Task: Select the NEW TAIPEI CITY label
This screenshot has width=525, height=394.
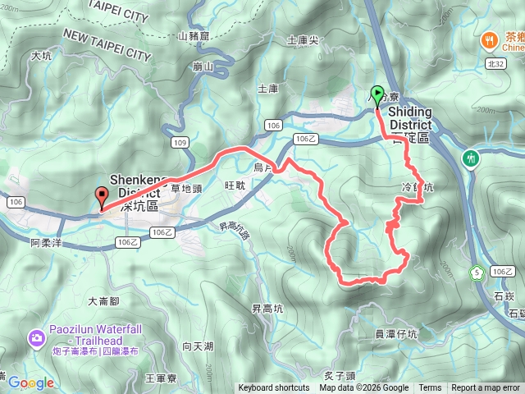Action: (107, 44)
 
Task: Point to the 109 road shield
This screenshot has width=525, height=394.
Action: (181, 143)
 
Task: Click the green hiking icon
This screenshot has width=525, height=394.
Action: (472, 158)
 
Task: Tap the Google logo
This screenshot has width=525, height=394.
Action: (31, 383)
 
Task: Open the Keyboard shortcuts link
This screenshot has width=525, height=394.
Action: (274, 388)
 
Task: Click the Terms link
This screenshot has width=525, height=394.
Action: (430, 388)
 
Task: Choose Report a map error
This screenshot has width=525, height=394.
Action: (486, 388)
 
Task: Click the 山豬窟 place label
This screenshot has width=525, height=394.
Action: (194, 35)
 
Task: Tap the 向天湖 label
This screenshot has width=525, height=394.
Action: (198, 346)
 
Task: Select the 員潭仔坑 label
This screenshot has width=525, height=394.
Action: (396, 334)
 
